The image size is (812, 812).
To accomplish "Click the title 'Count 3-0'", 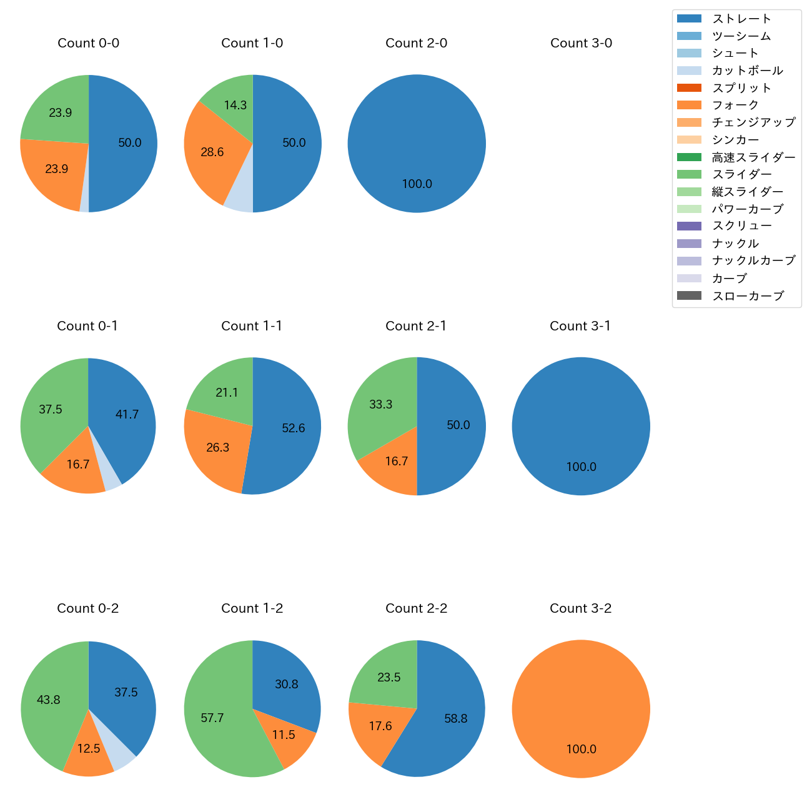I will pyautogui.click(x=581, y=43).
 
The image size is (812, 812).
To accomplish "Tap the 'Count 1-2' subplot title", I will pyautogui.click(x=252, y=608).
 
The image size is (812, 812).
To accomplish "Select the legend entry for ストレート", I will pyautogui.click(x=741, y=19).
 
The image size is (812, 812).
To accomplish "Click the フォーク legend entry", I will pyautogui.click(x=735, y=105).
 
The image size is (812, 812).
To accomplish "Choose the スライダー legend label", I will pyautogui.click(x=741, y=174).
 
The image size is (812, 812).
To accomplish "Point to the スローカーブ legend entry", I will pyautogui.click(x=748, y=295).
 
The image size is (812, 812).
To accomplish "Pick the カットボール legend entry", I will pyautogui.click(x=747, y=71).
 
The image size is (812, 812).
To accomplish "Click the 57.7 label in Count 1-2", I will pyautogui.click(x=212, y=718).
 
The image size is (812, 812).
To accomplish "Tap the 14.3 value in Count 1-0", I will pyautogui.click(x=235, y=105).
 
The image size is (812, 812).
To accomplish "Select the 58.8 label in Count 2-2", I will pyautogui.click(x=456, y=719).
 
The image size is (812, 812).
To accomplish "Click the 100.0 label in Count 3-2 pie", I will pyautogui.click(x=581, y=749).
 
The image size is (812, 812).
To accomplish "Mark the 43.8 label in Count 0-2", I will pyautogui.click(x=48, y=700).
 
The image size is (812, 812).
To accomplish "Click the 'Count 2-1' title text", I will pyautogui.click(x=416, y=326).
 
